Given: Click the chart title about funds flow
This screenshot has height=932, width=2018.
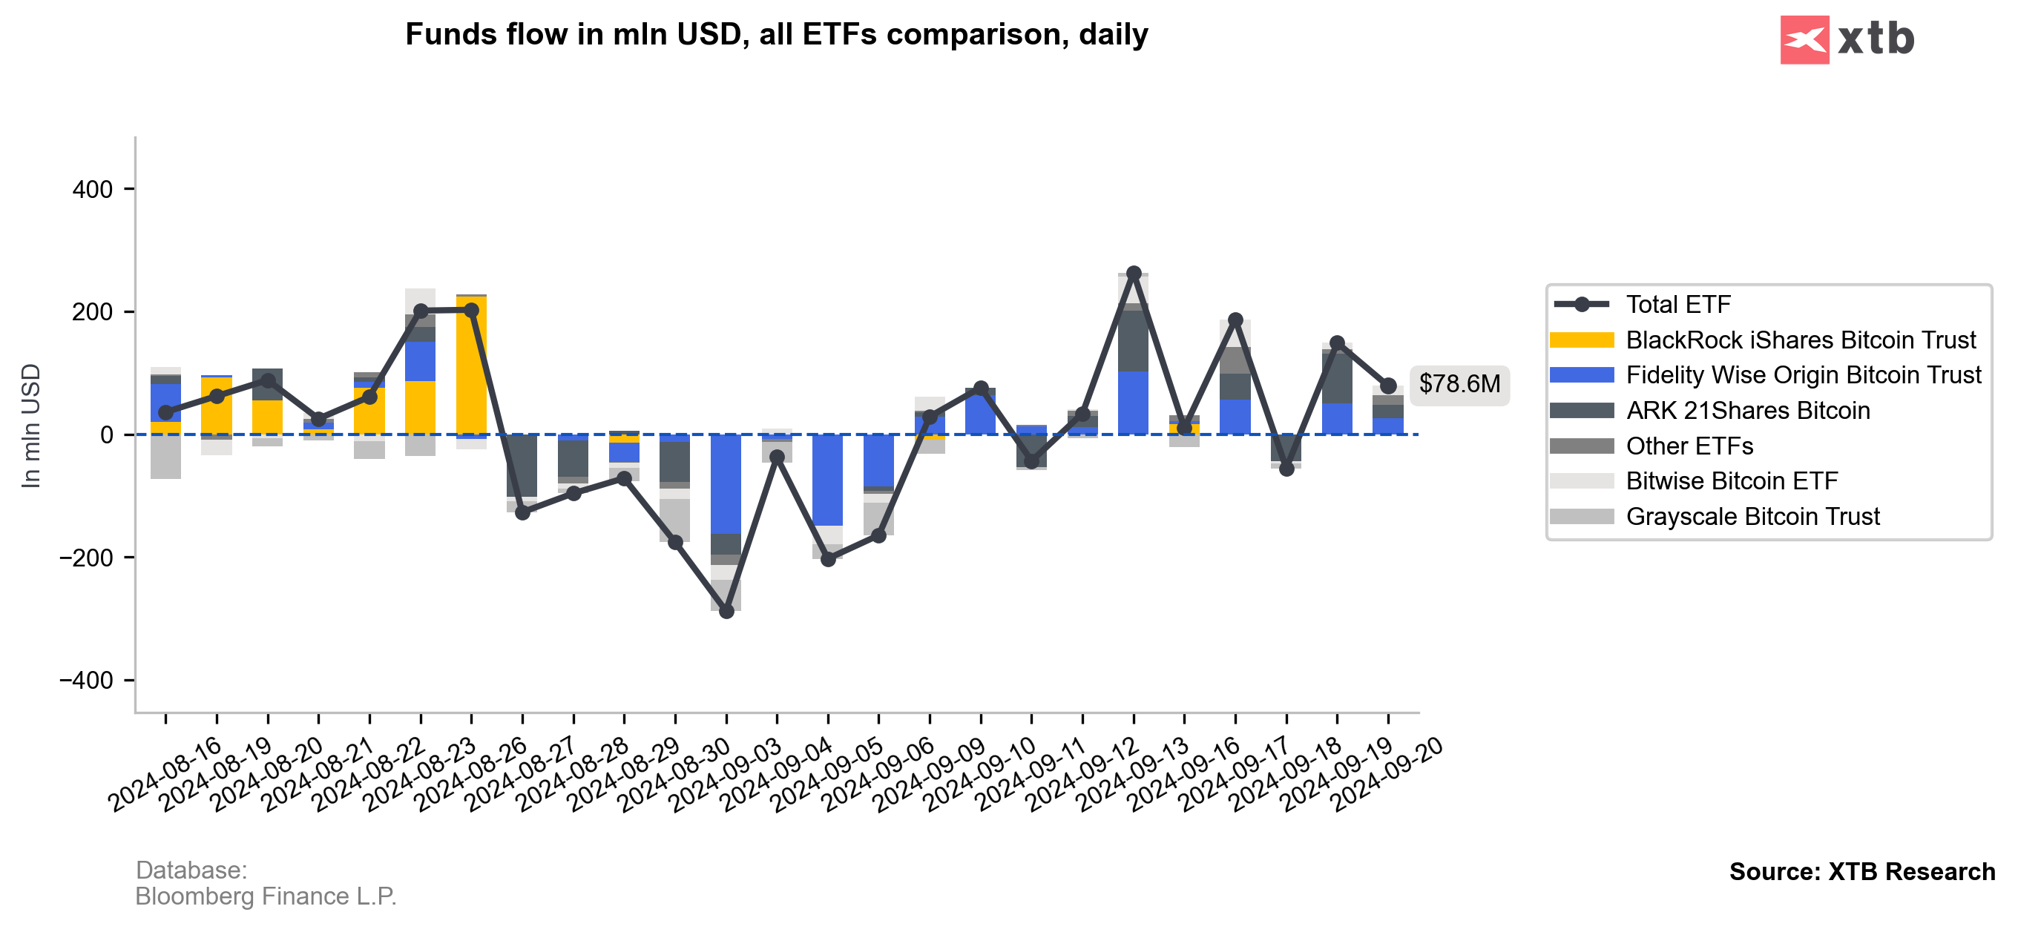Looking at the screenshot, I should coord(775,34).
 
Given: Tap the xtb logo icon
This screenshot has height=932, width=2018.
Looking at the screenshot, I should coord(1804,39).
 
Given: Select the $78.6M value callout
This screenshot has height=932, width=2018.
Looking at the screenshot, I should coord(1459,384).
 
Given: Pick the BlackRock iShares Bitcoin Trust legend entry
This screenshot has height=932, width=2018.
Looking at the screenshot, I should coord(1799,340).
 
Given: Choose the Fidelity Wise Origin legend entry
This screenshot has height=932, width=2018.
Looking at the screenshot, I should coord(1803,375).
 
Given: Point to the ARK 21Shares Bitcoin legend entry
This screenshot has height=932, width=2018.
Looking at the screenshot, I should coord(1747,411).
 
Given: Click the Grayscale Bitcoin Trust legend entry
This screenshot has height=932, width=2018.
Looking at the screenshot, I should coord(1752,516).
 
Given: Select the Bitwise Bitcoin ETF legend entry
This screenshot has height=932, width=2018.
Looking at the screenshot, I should coord(1732,481).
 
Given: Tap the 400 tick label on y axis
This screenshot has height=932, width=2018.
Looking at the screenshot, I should coord(93,190).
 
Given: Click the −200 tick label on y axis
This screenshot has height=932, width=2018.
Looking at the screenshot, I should coord(86,558).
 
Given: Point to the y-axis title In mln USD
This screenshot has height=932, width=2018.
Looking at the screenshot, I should coord(30,426).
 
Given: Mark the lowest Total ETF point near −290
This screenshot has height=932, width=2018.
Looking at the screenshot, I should coord(726,611).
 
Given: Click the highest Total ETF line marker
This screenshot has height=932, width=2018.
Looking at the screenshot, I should coord(1134,274).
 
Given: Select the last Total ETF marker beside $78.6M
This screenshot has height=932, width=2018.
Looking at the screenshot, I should coord(1388,386).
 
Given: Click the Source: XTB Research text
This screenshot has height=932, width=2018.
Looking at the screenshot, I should coord(1861,872).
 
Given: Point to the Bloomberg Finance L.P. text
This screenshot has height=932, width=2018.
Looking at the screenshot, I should coord(266,896).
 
